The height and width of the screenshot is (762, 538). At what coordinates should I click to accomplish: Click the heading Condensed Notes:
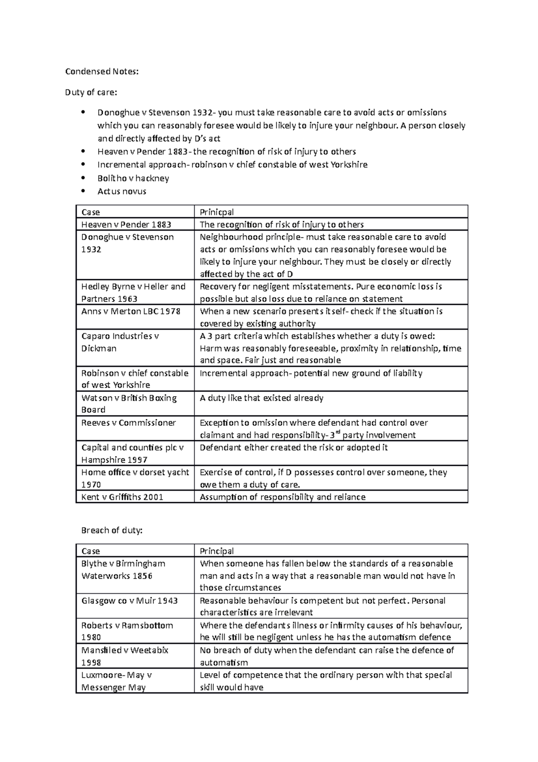tap(102, 71)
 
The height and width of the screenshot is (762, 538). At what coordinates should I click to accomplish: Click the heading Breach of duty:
tap(112, 530)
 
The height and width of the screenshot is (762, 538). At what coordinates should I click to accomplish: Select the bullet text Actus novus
tap(122, 191)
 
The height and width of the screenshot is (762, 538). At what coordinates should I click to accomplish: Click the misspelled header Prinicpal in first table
tap(217, 212)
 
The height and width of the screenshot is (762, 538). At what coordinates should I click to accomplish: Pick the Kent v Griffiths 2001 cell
tap(122, 497)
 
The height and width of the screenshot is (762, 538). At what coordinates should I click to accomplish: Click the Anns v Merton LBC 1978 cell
tap(130, 311)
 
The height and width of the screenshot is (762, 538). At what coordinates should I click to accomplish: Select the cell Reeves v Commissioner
tap(129, 423)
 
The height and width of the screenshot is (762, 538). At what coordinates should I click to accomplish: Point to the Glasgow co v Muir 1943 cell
tap(130, 600)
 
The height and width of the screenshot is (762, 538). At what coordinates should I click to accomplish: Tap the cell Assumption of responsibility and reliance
tap(282, 497)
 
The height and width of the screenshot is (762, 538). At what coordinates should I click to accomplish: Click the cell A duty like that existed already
tap(261, 398)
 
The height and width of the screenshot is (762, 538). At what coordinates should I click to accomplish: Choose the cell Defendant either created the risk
tap(294, 447)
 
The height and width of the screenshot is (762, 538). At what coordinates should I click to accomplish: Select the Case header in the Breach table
tap(91, 551)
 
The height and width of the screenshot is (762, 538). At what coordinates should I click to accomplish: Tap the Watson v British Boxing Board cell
tap(129, 403)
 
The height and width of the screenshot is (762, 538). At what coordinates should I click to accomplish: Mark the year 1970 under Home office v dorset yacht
tap(91, 485)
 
